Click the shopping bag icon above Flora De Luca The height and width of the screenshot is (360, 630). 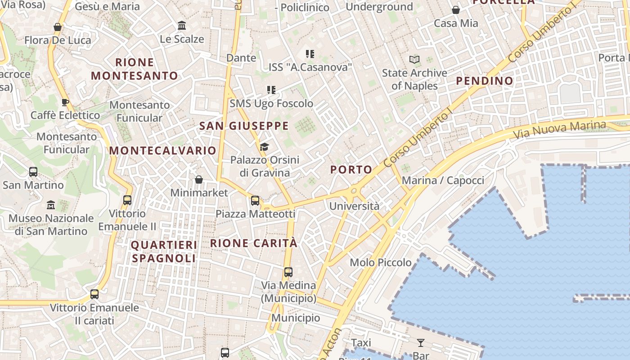pos(58,27)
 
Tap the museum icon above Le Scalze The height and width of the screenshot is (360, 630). pos(182,25)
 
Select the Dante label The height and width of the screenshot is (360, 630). pos(241,58)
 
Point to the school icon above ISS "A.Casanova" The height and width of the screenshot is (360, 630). pos(310,54)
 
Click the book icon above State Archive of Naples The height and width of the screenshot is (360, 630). pos(414,59)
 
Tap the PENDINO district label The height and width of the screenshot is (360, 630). pos(485,81)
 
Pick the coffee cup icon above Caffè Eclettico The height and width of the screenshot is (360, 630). pos(65,102)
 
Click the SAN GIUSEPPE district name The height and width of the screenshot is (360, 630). pos(244,126)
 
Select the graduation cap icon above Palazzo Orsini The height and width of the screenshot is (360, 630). pos(265,147)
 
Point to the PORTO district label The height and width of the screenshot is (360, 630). pos(351,170)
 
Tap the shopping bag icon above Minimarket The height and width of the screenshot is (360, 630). pos(199,180)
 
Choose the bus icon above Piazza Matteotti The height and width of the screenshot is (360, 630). pos(255,201)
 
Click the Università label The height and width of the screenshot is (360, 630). pos(355,207)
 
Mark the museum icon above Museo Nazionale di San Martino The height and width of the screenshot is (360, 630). pos(51,205)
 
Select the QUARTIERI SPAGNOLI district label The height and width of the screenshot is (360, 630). pos(164,252)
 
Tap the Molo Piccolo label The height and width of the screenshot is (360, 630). pos(381,262)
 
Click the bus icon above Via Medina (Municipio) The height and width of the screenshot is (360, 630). pos(288,272)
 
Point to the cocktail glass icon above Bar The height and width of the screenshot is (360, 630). pos(421,343)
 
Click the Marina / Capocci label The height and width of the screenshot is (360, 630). pos(443,180)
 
